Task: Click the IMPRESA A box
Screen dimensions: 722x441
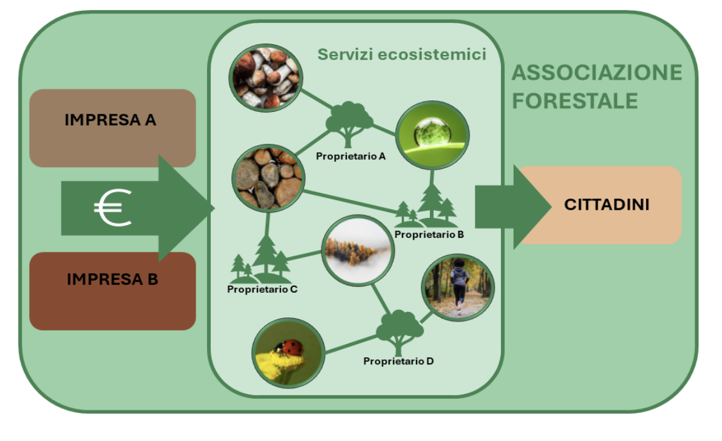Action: point(112,128)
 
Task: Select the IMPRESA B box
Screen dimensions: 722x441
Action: point(112,291)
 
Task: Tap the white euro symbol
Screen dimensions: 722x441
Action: point(113,208)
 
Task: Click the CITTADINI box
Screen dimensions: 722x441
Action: point(601,205)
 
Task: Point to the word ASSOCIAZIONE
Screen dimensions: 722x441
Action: point(597,73)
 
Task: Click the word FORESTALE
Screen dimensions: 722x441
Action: point(574,101)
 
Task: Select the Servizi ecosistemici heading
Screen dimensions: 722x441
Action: point(401,54)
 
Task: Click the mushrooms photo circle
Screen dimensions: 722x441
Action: point(266,78)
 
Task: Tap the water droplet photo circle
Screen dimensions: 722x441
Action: point(432,135)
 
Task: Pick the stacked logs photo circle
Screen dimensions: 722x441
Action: point(268,178)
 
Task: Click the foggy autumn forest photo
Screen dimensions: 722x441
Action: point(358,251)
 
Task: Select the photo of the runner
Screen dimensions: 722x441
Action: point(457,288)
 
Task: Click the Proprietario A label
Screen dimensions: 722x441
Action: point(350,156)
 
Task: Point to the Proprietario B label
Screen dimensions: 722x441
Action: point(429,235)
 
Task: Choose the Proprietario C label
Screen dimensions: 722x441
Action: point(262,290)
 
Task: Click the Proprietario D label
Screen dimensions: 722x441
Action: point(398,361)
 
